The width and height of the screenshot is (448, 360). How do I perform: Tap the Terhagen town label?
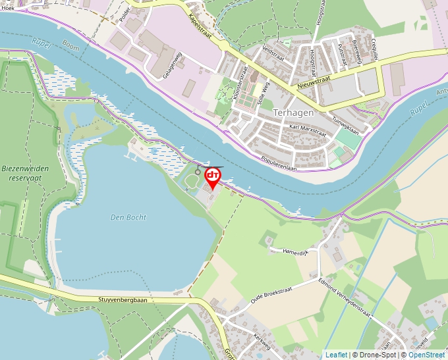click(293, 113)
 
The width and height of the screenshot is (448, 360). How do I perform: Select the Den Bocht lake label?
click(128, 217)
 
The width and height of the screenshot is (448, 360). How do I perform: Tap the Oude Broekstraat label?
click(272, 294)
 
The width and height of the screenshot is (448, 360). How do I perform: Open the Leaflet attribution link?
click(336, 355)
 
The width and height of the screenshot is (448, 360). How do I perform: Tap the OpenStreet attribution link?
click(426, 355)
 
